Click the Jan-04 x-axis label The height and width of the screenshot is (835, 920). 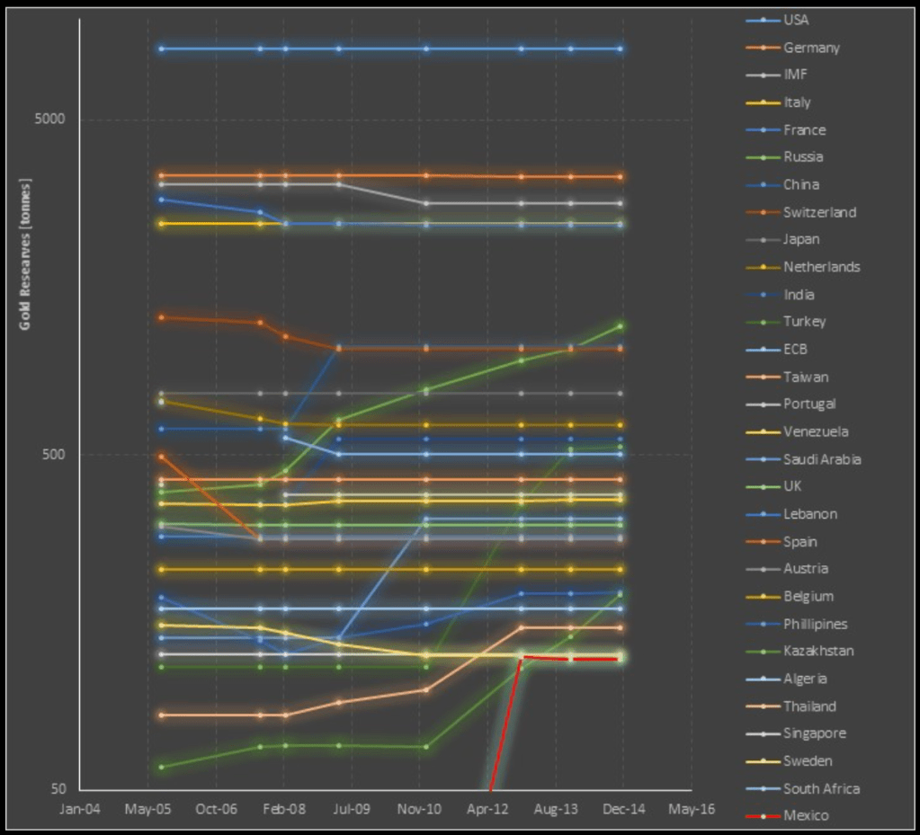80,809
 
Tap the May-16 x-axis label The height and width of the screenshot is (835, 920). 692,809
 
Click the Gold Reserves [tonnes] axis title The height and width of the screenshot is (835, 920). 25,254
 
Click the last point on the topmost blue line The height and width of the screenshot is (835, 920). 620,49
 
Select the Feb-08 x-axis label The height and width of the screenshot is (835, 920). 284,809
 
